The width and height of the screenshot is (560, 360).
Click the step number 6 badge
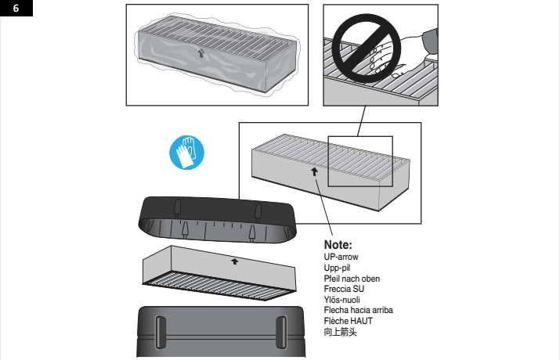click(x=16, y=8)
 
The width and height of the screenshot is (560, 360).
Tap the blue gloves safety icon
click(x=186, y=153)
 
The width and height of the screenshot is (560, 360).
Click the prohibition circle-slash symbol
click(x=367, y=49)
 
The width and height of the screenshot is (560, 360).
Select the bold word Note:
click(x=338, y=245)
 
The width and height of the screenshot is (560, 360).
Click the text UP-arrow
click(x=341, y=257)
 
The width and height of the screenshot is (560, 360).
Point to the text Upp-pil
click(x=337, y=268)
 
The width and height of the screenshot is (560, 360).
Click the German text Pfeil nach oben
click(x=352, y=279)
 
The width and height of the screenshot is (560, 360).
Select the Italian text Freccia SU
click(x=344, y=289)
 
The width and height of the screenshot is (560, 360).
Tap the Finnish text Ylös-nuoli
click(x=341, y=300)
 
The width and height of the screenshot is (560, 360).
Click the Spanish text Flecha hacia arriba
click(x=358, y=310)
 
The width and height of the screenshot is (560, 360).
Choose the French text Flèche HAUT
click(x=349, y=321)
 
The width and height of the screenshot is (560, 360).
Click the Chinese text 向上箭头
click(x=340, y=332)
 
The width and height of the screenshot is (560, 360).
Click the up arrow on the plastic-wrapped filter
click(x=201, y=53)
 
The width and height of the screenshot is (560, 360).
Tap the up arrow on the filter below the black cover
click(x=234, y=261)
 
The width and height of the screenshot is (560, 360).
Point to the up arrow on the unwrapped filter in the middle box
click(x=314, y=171)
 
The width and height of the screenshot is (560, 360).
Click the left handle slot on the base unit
click(x=161, y=333)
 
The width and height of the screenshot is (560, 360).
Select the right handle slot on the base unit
click(x=281, y=333)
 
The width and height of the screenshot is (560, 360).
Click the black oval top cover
click(x=217, y=220)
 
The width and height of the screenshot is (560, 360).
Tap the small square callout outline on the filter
click(x=328, y=161)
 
